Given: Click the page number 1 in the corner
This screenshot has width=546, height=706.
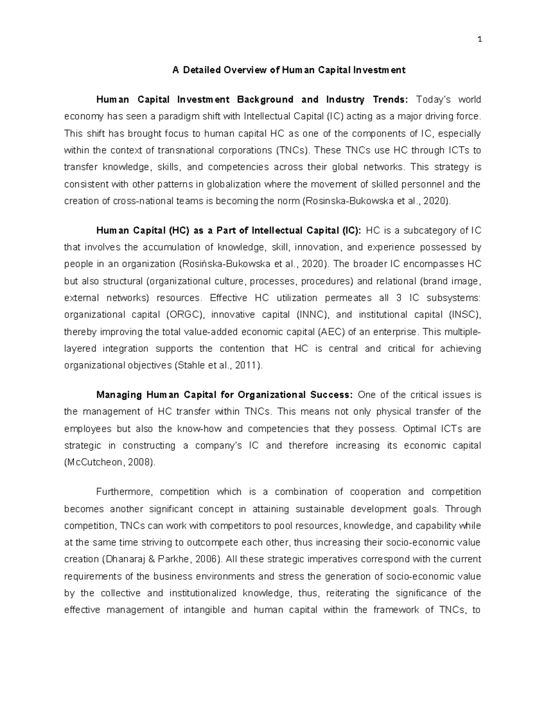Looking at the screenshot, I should click(x=479, y=39).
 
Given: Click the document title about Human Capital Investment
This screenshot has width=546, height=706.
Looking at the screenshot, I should click(x=288, y=70).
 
